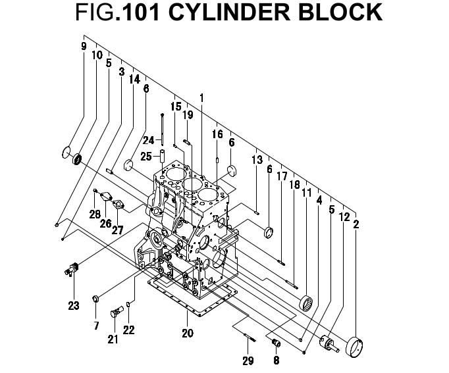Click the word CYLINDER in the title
tap(232, 12)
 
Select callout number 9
tap(84, 46)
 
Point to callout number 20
tap(188, 333)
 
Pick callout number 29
tap(248, 361)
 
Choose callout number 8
tap(277, 360)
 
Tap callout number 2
tap(356, 224)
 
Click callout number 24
tap(149, 139)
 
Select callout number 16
tap(217, 134)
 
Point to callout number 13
tap(257, 160)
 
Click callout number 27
tap(117, 230)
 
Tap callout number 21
tap(113, 339)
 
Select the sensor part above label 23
tap(72, 269)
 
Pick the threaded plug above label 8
tap(277, 343)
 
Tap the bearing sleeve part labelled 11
tap(307, 305)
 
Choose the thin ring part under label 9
tap(66, 153)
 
